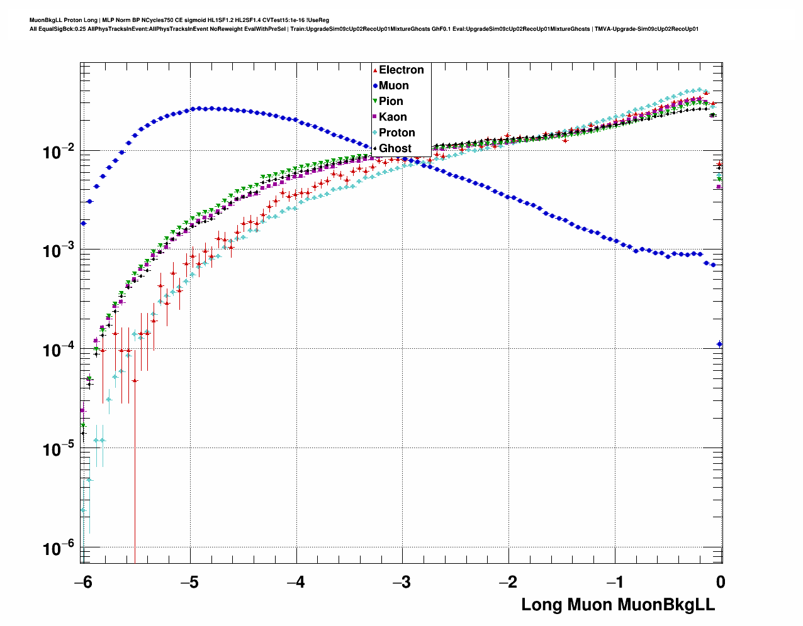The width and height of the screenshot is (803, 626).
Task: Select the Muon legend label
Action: click(393, 85)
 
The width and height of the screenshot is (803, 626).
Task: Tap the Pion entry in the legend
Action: click(391, 101)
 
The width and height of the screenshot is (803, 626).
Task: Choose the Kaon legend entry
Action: click(393, 117)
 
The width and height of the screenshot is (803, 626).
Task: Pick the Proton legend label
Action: click(396, 133)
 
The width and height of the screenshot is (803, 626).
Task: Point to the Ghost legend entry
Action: click(395, 148)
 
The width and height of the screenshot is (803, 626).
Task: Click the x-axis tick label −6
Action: click(82, 583)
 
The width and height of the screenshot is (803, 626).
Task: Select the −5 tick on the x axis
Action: click(189, 583)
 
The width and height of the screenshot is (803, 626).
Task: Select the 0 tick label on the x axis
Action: click(720, 583)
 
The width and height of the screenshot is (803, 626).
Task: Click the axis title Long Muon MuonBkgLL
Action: click(618, 605)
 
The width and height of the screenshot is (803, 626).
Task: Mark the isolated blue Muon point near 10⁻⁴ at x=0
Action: click(719, 344)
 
